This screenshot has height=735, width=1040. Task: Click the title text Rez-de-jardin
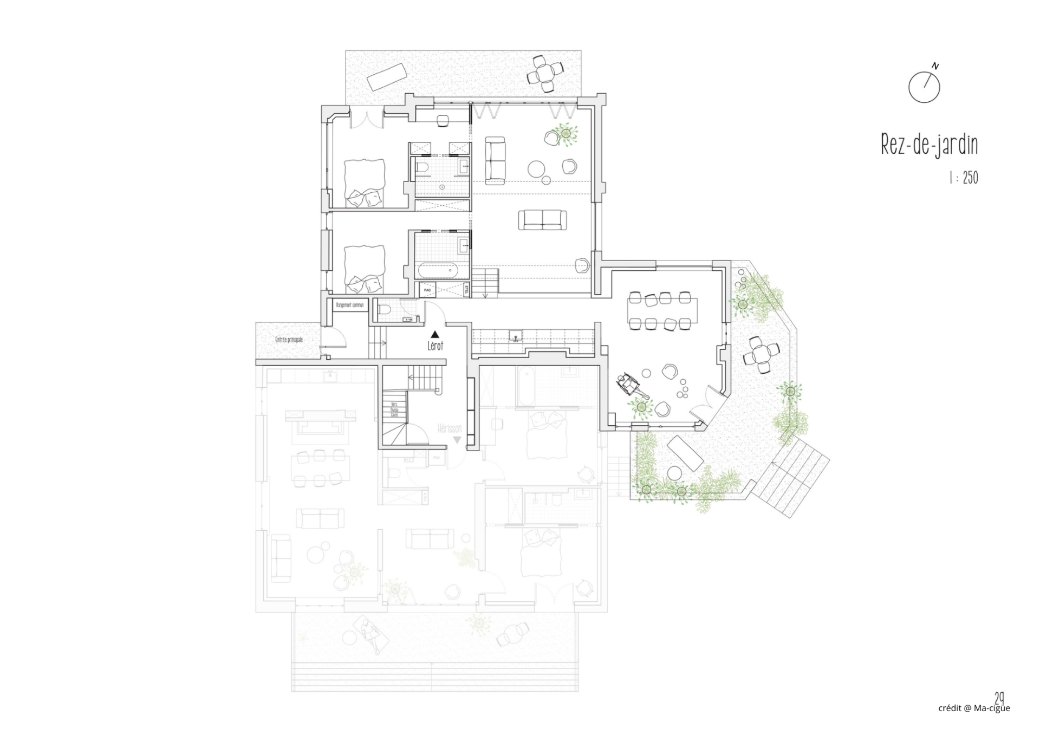coord(929,145)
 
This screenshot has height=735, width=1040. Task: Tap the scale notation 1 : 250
coord(964,178)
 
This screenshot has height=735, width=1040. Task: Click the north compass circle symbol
coord(924,87)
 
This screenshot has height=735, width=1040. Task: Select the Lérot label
coord(435,346)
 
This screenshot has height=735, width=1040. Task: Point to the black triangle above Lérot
coord(434,335)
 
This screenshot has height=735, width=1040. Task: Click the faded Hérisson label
coord(450,429)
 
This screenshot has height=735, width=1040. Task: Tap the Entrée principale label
coord(289,340)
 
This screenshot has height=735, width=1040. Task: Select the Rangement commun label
coord(349,305)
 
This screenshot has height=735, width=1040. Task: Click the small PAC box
coord(427,290)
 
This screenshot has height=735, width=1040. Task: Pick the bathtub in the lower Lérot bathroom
coord(437,270)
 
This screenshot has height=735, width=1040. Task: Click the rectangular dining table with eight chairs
coord(662,311)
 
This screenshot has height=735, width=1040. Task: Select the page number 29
coord(999,697)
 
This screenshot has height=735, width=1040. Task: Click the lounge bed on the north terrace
coord(387,76)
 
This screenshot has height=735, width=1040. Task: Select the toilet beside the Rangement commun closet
coord(385,310)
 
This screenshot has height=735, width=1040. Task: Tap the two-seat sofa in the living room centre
coord(543,220)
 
